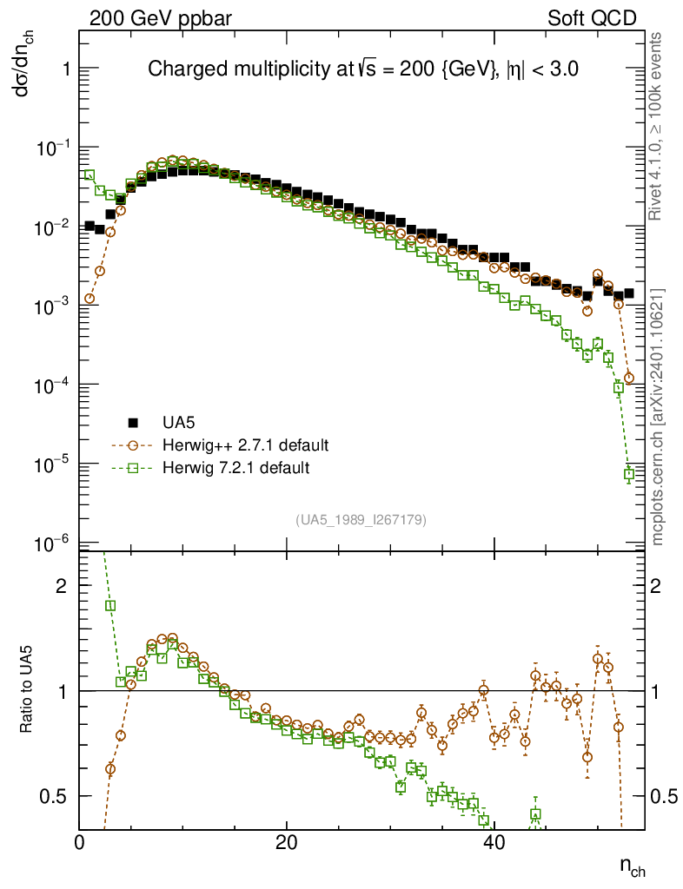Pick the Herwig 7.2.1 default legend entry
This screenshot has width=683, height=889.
[235, 468]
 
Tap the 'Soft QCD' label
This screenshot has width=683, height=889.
[591, 18]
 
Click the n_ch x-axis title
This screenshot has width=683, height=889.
[631, 866]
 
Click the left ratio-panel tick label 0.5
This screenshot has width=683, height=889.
[55, 796]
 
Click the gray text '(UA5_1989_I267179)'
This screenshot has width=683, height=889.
[361, 519]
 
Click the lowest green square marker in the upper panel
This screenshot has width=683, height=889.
[629, 475]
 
